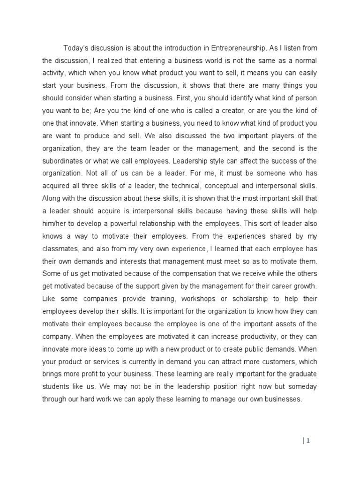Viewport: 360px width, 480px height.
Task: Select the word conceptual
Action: tap(223, 186)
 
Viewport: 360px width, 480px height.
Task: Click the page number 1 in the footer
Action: tap(308, 440)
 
